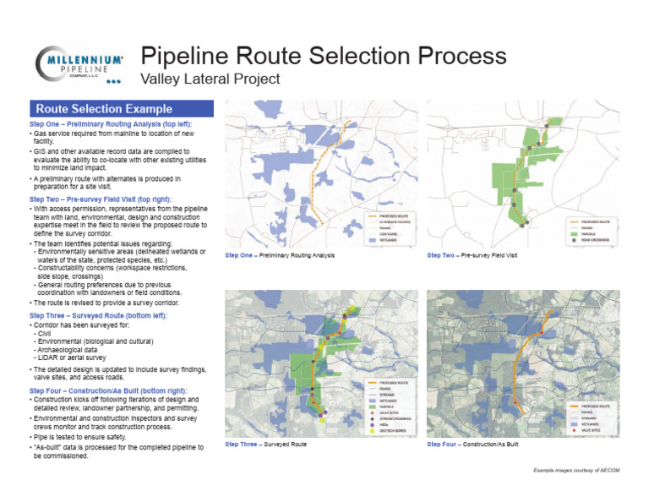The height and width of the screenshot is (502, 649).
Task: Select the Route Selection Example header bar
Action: click(x=121, y=109)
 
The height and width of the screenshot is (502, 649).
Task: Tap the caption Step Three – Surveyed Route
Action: click(x=265, y=444)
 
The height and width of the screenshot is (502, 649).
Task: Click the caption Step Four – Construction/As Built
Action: click(x=472, y=444)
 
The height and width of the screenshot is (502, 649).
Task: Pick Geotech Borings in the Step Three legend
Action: click(x=397, y=433)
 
